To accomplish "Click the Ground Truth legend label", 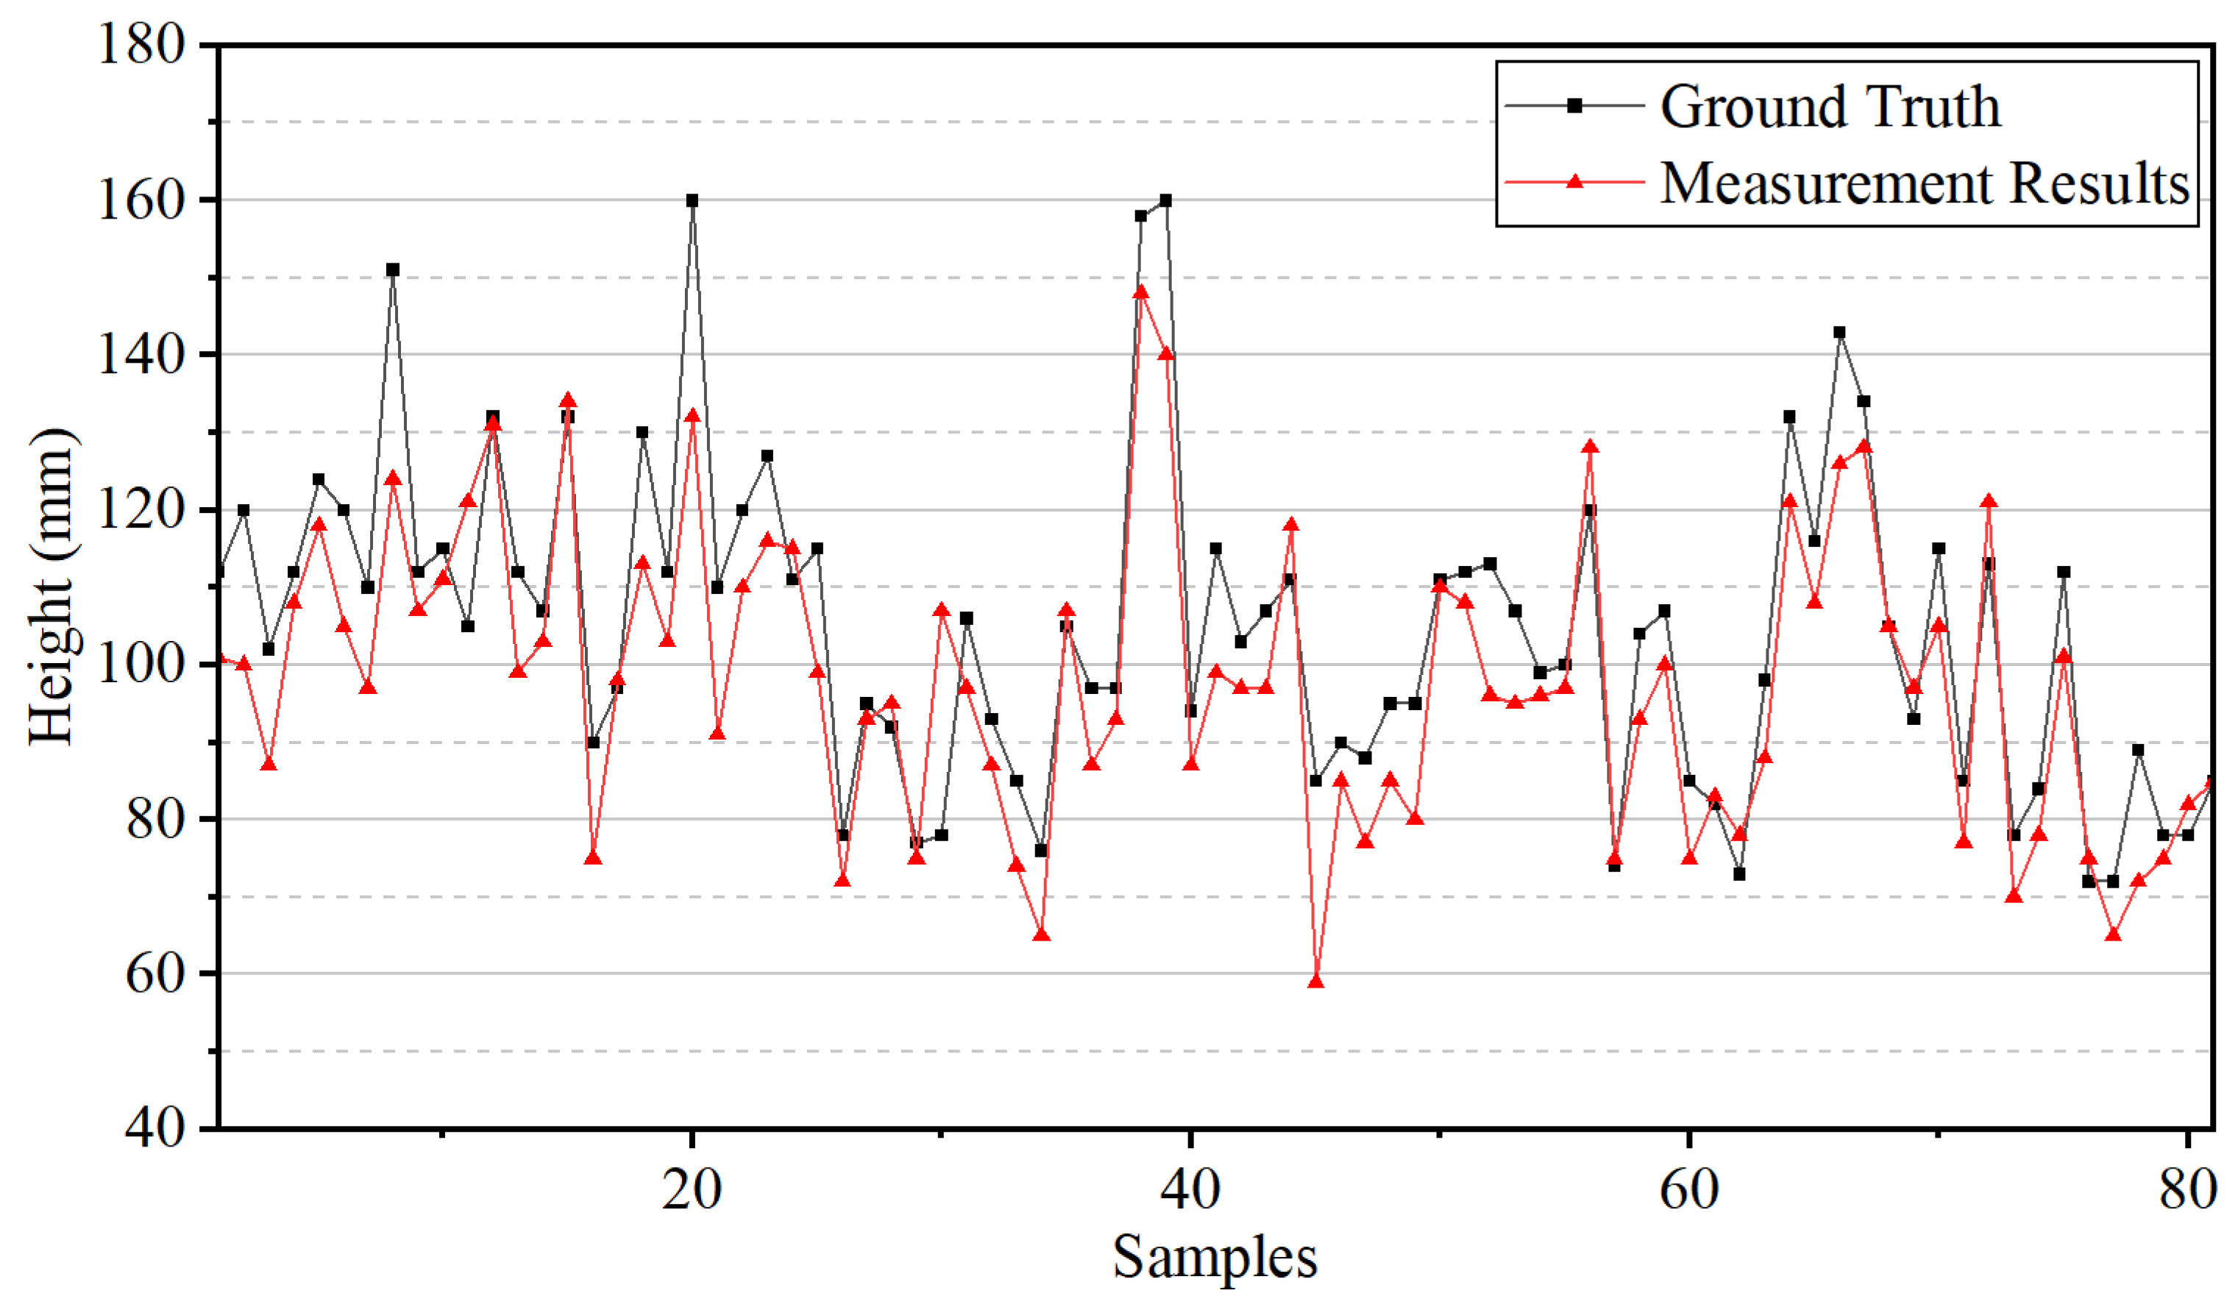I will (x=1830, y=107).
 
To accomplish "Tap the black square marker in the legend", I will (x=1574, y=106).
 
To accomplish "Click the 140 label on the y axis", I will (x=141, y=355).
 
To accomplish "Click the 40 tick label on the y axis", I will (x=155, y=1128).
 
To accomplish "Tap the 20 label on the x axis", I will (x=691, y=1189).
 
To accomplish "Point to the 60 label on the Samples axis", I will (x=1689, y=1189).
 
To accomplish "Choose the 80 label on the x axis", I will (x=2187, y=1189).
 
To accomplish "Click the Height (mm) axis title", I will (x=51, y=587).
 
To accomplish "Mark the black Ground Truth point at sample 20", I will (x=692, y=201).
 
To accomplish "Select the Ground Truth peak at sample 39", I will (x=1165, y=201).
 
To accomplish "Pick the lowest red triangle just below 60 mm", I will (x=1316, y=982).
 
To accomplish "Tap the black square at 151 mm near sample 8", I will (x=393, y=270).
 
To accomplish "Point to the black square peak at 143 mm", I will (x=1839, y=333).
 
